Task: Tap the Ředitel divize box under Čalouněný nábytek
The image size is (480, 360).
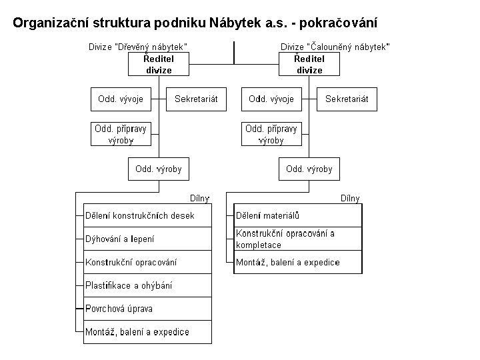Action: pos(309,65)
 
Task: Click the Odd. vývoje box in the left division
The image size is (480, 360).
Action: pos(121,99)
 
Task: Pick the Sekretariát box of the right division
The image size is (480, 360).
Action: pos(347,99)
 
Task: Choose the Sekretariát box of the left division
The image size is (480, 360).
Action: pos(196,99)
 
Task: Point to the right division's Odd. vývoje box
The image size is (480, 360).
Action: pos(271,99)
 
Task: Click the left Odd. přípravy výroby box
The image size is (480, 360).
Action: pos(121,134)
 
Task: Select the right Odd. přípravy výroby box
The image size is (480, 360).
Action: pos(271,134)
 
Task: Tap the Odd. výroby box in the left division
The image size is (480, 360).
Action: pos(158,169)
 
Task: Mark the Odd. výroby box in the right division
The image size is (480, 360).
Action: pos(309,169)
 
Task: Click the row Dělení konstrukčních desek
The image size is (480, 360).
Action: pos(147,215)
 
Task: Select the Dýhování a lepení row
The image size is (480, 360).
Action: pos(147,239)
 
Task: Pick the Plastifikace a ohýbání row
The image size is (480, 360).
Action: pos(147,285)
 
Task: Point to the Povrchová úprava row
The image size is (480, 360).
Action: pos(147,309)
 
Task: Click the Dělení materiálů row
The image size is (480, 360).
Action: pos(297,215)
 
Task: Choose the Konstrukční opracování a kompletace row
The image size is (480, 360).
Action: pos(297,239)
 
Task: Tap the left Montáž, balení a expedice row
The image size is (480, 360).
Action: pos(147,332)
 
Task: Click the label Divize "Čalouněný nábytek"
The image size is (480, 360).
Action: pos(335,46)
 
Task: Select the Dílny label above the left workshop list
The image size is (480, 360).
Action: pos(200,198)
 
